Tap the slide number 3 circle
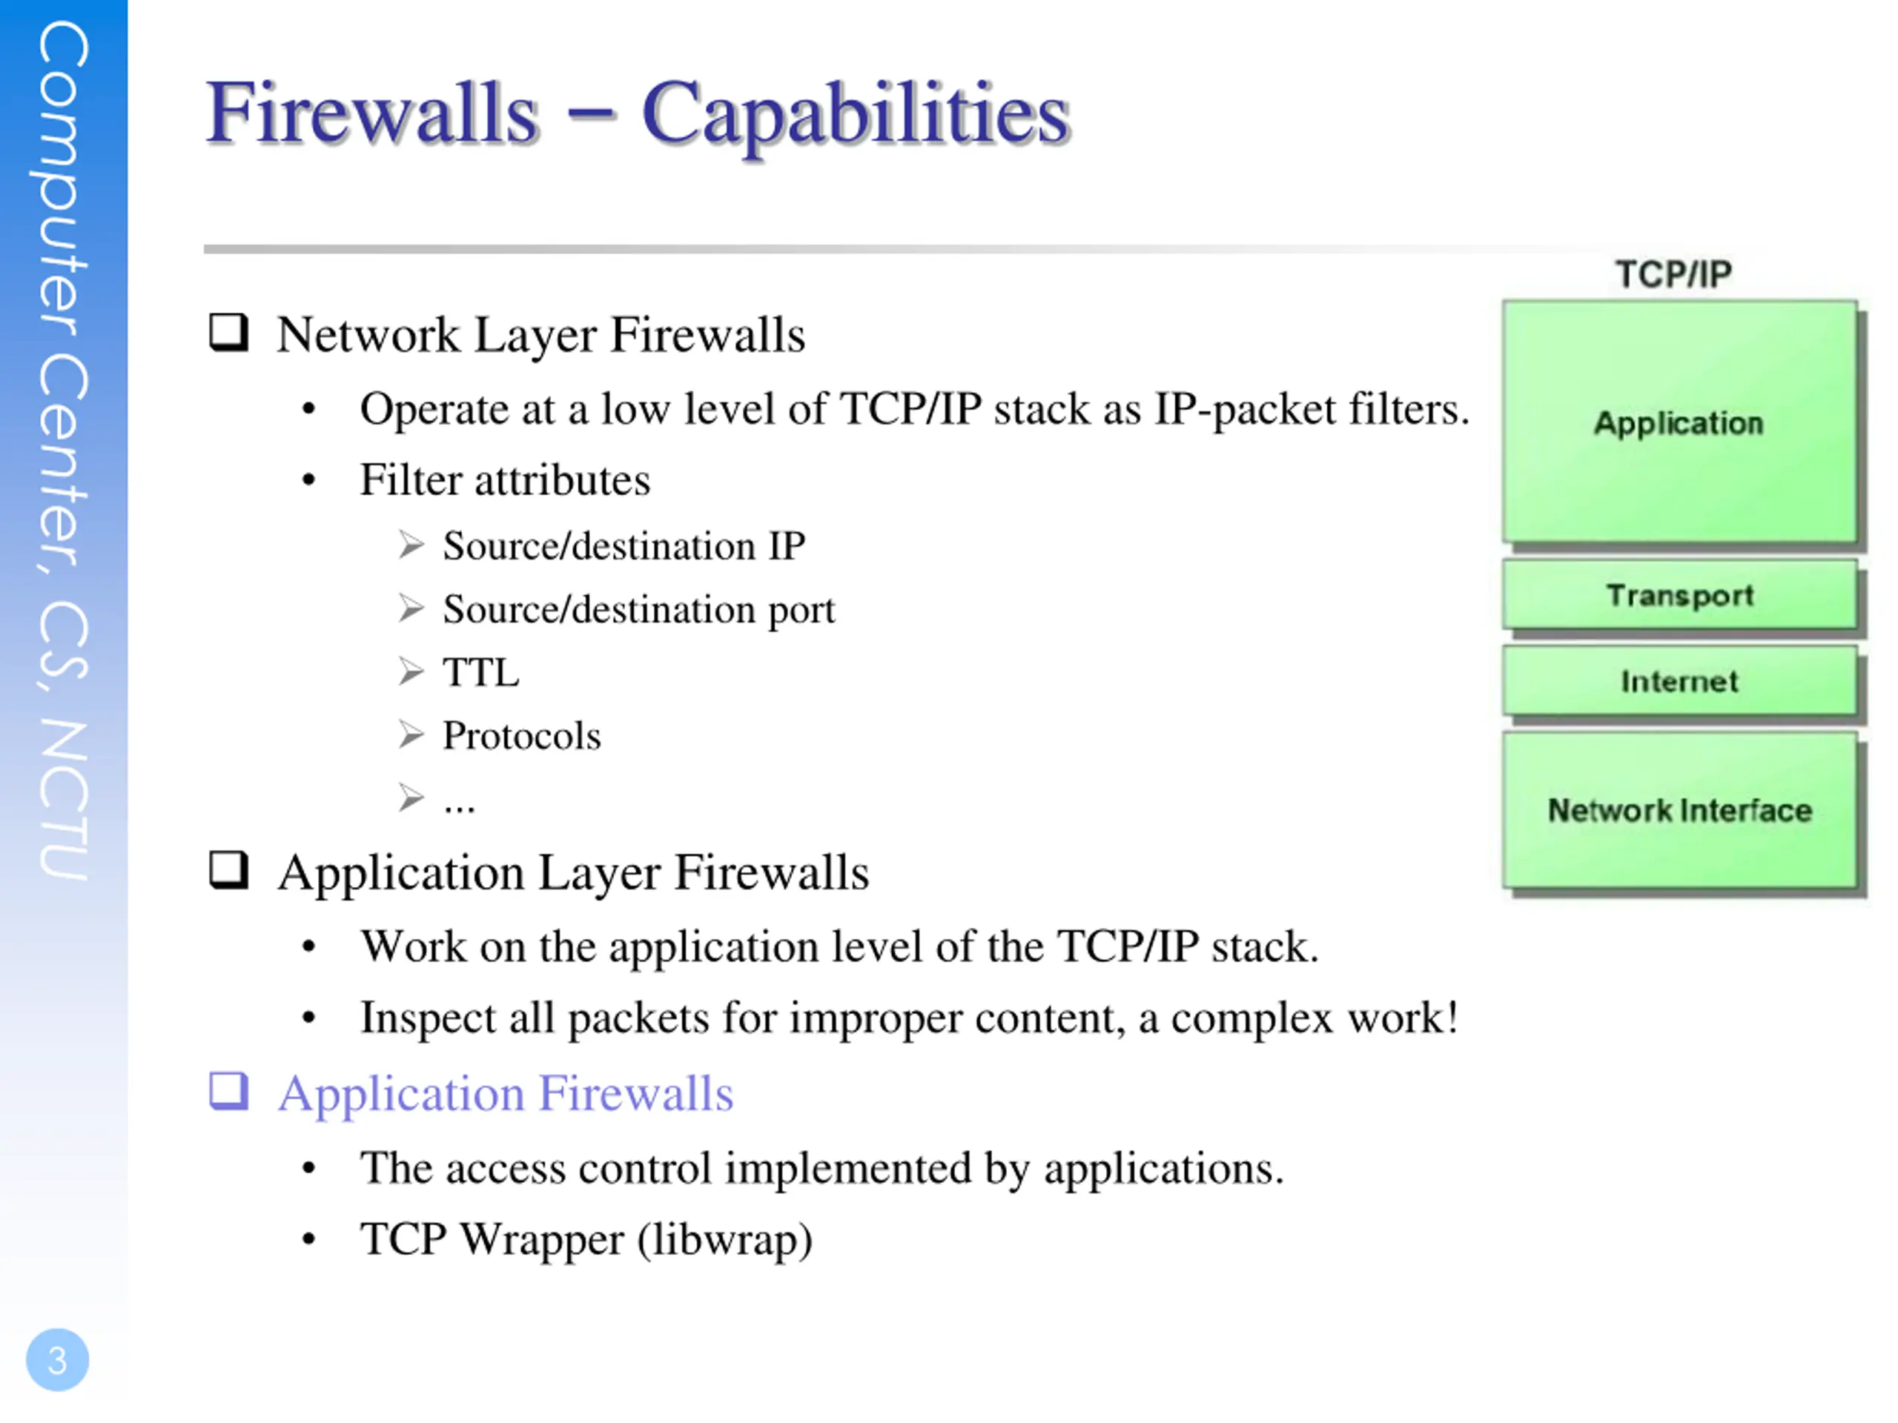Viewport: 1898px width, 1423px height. (x=58, y=1359)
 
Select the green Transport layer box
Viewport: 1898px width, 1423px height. (x=1679, y=595)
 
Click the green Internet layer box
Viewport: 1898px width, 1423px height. (x=1679, y=681)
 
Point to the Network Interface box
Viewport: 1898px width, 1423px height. (x=1679, y=810)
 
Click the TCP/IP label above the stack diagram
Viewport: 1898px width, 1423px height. (x=1673, y=274)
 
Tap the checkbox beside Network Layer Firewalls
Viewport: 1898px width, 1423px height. (x=229, y=332)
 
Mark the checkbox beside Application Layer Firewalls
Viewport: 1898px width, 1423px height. (x=229, y=870)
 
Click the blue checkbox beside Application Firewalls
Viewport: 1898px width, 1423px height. (x=229, y=1091)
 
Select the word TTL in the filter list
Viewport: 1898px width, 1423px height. (x=480, y=672)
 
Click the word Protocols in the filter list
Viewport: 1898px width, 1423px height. (x=522, y=736)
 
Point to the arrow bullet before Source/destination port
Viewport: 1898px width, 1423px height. (x=411, y=608)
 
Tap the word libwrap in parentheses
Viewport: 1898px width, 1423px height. (x=725, y=1239)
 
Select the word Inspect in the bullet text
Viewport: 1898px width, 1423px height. (x=427, y=1018)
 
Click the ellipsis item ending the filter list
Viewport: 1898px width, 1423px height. (x=459, y=803)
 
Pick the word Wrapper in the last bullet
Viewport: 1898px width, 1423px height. (x=541, y=1239)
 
